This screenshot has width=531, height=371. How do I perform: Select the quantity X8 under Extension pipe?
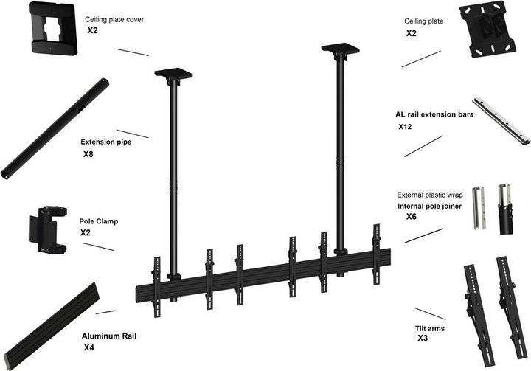coord(88,155)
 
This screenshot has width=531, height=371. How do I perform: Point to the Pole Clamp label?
coord(98,221)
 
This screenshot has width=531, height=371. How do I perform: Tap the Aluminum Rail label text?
coord(108,336)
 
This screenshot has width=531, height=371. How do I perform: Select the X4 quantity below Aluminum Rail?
coord(88,347)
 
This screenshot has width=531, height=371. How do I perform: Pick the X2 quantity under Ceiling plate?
coord(411,34)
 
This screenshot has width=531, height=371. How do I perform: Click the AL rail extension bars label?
coord(434,115)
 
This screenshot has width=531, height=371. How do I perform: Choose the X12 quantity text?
coord(405,127)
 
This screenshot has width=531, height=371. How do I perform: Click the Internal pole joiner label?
coord(430,207)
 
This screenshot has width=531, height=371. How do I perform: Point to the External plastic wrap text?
coord(429,195)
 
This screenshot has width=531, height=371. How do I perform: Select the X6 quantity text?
coord(412,218)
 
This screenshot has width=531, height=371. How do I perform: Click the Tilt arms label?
coord(431,327)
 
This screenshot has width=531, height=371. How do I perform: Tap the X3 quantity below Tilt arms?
coord(423,338)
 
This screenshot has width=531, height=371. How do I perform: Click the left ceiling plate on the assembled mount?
coord(173,74)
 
